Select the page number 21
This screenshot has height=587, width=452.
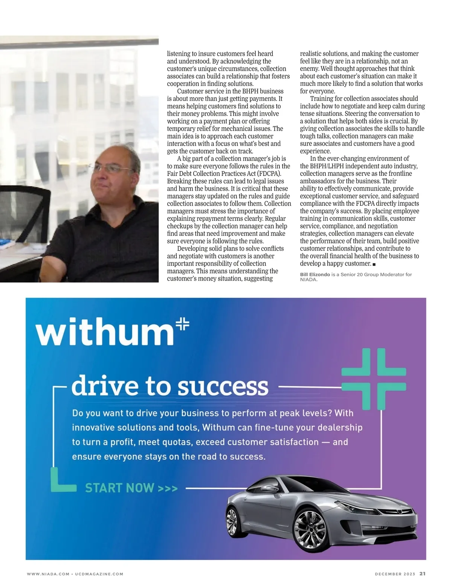[x=423, y=574]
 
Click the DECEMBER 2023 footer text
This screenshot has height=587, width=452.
[x=395, y=574]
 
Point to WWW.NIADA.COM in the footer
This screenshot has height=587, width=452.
[x=48, y=574]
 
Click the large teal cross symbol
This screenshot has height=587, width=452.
[x=374, y=378]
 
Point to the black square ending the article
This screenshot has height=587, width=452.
[x=374, y=264]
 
